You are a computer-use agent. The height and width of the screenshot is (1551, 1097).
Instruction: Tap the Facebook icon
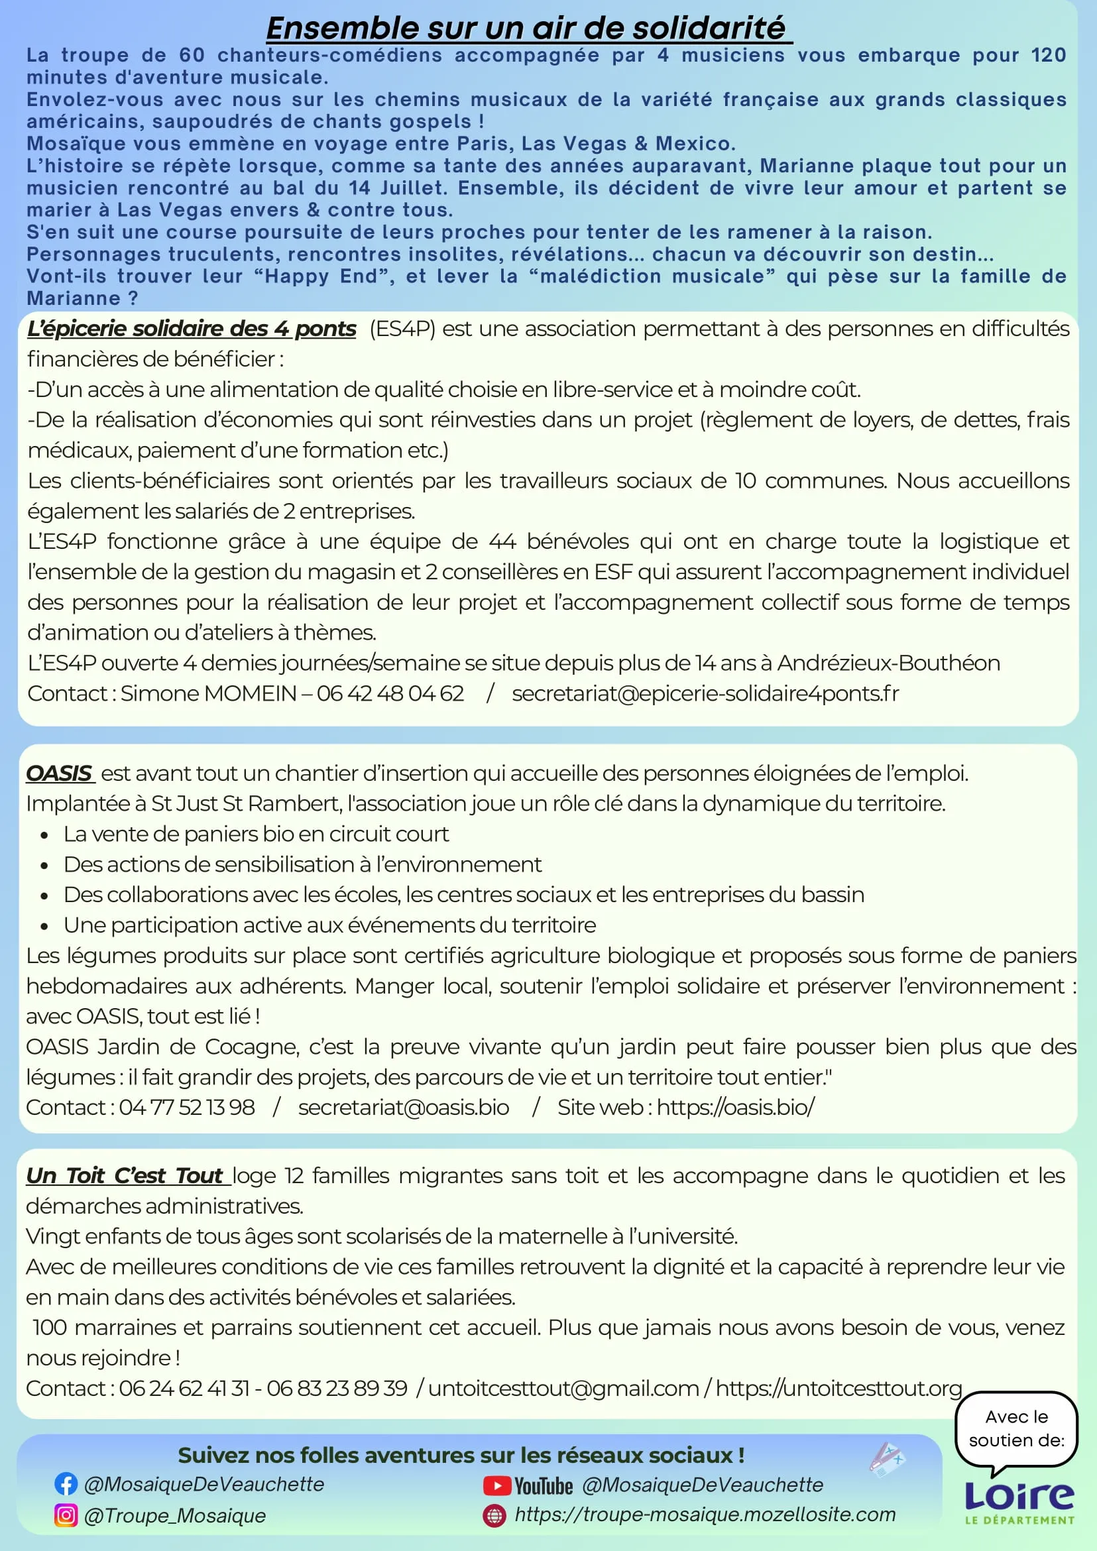[x=66, y=1483]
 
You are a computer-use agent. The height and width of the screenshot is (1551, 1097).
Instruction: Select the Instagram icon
[x=66, y=1515]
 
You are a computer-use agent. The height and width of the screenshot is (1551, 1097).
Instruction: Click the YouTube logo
[x=528, y=1485]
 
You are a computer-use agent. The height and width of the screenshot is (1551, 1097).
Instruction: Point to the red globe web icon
[x=494, y=1515]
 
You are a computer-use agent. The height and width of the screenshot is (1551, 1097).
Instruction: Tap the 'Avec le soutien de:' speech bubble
[x=1016, y=1429]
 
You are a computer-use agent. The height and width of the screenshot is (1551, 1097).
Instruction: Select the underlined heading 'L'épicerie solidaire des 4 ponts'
[x=191, y=329]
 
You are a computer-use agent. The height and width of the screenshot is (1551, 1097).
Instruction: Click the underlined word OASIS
[x=59, y=773]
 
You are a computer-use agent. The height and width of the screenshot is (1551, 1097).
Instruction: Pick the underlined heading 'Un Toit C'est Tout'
[x=125, y=1175]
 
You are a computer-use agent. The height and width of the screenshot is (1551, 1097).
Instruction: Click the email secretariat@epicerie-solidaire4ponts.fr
[x=705, y=693]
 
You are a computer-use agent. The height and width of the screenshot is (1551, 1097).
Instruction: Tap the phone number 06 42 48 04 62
[x=390, y=693]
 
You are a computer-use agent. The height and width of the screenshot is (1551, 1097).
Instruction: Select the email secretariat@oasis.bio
[x=403, y=1107]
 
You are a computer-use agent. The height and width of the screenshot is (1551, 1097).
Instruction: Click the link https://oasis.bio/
[x=736, y=1107]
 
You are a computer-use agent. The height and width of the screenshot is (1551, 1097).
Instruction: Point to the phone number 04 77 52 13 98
[x=187, y=1107]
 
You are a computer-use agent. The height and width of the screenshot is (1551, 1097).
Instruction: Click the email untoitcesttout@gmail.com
[x=563, y=1388]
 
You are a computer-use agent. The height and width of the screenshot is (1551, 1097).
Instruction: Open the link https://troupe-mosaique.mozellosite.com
[x=705, y=1515]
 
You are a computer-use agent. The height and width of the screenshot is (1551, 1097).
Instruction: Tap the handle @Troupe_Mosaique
[x=174, y=1516]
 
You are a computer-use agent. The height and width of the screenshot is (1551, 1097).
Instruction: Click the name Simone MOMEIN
[x=209, y=693]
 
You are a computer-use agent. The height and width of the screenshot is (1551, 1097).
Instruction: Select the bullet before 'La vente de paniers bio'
[x=44, y=835]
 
